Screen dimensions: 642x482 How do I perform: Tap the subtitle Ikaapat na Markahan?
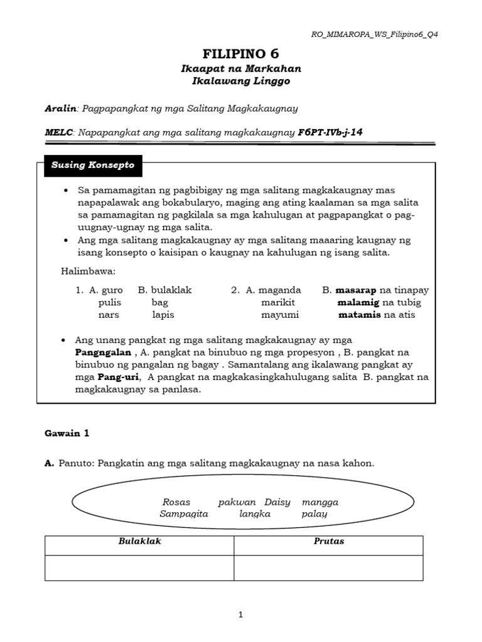click(241, 69)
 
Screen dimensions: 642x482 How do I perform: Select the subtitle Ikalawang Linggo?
click(241, 82)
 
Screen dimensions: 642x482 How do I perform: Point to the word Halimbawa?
click(88, 271)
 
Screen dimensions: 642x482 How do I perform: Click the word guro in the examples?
click(113, 290)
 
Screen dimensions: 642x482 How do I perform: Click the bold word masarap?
click(356, 290)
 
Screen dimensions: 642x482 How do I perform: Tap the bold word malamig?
click(358, 302)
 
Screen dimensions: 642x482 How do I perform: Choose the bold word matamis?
click(359, 315)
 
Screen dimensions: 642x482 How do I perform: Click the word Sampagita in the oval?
click(184, 514)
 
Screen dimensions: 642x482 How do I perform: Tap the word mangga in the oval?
click(320, 502)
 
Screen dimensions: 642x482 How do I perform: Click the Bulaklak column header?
click(140, 541)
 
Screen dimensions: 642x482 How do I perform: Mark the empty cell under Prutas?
click(328, 567)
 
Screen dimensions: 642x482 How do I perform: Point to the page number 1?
click(240, 615)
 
